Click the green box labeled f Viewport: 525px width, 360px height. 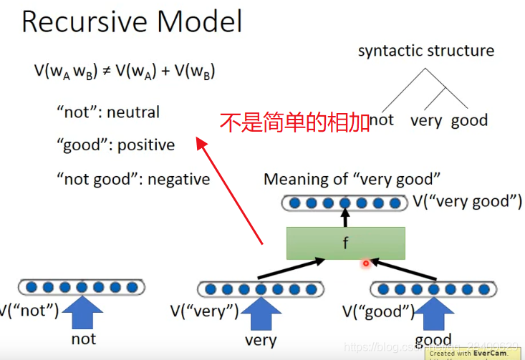(x=345, y=243)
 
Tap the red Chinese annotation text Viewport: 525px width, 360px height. (x=294, y=122)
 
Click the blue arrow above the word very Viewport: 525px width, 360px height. (x=261, y=313)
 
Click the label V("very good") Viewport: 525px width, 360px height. (x=467, y=202)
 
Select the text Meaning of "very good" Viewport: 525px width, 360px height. (x=352, y=180)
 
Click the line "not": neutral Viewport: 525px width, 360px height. (x=108, y=112)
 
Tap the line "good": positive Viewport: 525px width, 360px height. (x=115, y=145)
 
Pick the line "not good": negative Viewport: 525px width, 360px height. (x=133, y=179)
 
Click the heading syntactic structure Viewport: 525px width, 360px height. (x=425, y=51)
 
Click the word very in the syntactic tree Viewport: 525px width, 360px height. (x=426, y=120)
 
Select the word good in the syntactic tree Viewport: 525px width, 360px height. (x=469, y=120)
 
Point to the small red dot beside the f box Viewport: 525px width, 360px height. (x=365, y=263)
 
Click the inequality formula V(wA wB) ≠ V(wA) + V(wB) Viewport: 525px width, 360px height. (x=125, y=72)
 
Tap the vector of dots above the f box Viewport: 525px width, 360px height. (x=345, y=203)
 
